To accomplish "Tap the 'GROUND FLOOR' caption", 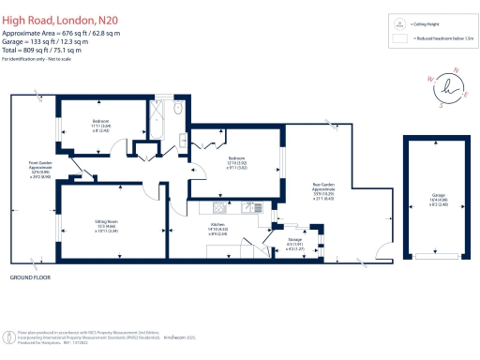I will coord(29,278).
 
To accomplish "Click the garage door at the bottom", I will coord(432,254).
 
